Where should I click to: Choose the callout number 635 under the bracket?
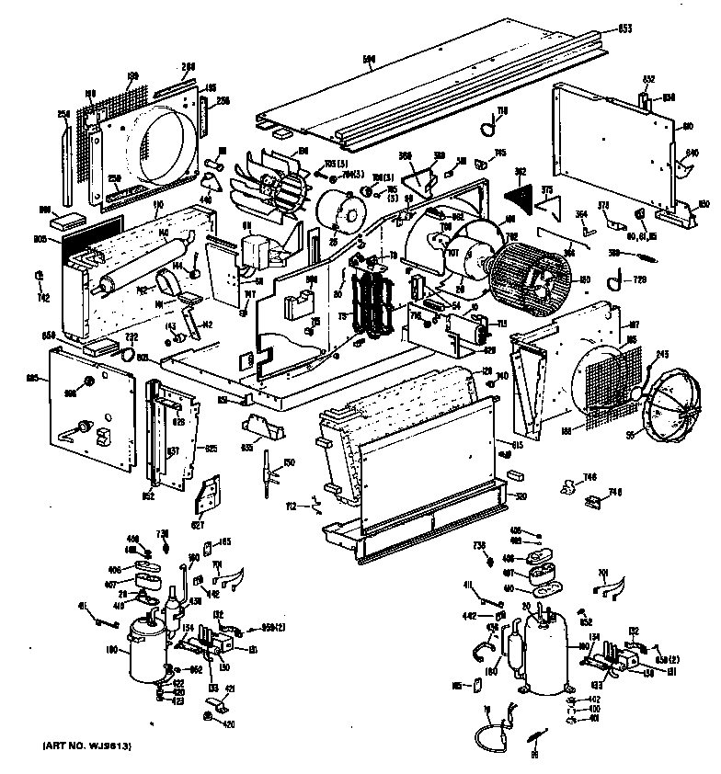pyautogui.click(x=246, y=448)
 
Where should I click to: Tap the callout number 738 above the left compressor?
pyautogui.click(x=164, y=533)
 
